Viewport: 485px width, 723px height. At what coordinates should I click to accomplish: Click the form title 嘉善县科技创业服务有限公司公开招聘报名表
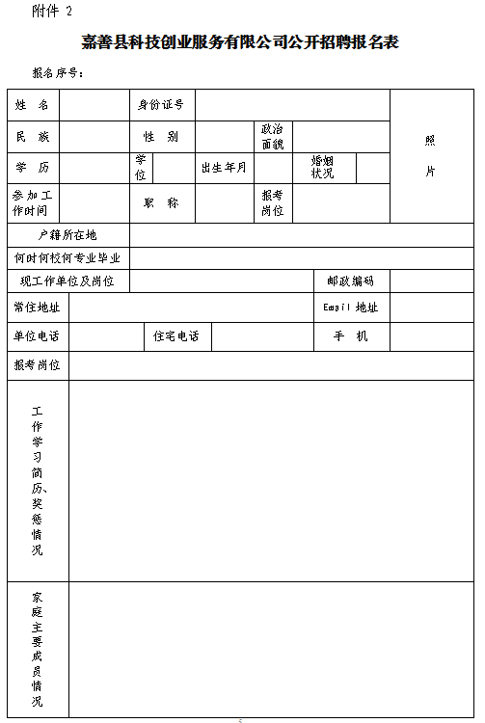240,42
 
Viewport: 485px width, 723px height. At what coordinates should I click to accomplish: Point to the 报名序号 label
59,73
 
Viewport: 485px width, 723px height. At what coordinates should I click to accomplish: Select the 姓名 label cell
33,104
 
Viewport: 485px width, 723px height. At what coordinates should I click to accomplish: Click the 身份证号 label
161,104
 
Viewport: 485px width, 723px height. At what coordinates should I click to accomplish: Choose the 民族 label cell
33,137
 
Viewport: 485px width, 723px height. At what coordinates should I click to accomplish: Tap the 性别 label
161,137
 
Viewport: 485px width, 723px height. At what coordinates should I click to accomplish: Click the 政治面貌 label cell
273,137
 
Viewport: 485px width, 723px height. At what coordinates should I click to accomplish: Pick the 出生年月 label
224,168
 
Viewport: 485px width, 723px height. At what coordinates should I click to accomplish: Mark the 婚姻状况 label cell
322,168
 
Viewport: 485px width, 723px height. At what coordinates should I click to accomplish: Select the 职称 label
161,203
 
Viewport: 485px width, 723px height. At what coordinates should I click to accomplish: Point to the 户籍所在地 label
67,235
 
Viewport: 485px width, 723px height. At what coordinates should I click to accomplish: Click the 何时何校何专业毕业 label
67,258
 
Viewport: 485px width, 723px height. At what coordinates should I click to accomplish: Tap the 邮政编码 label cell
351,281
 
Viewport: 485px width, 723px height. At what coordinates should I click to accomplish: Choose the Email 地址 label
351,308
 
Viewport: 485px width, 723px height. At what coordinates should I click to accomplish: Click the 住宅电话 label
176,336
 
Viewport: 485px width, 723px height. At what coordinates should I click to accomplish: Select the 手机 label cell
351,336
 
